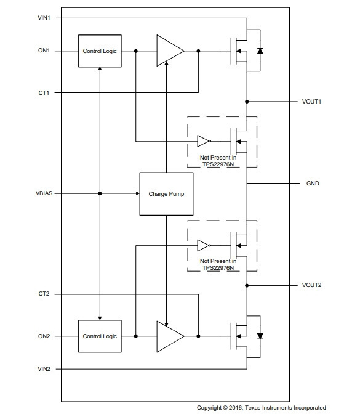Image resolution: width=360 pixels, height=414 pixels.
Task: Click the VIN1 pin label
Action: pyautogui.click(x=44, y=18)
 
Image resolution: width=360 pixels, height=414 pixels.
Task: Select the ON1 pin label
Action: pyautogui.click(x=44, y=51)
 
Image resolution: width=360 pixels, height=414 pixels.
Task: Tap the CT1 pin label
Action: pyautogui.click(x=44, y=93)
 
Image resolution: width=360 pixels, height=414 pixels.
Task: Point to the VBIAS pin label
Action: pyautogui.click(x=44, y=193)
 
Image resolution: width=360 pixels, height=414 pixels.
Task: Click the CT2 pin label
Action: pyautogui.click(x=44, y=294)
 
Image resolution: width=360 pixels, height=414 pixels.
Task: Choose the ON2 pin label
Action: pyautogui.click(x=44, y=336)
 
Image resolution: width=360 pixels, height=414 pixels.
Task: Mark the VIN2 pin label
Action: pyautogui.click(x=44, y=369)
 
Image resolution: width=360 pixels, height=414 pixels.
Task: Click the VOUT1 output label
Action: pyautogui.click(x=311, y=102)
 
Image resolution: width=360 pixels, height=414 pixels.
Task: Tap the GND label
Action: pyautogui.click(x=313, y=184)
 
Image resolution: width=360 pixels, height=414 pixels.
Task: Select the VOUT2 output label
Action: pyautogui.click(x=312, y=285)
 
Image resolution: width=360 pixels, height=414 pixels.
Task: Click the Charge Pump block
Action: pyautogui.click(x=166, y=194)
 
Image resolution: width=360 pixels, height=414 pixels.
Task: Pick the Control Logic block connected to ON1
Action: pyautogui.click(x=100, y=51)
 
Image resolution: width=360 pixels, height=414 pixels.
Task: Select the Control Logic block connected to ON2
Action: pyautogui.click(x=100, y=336)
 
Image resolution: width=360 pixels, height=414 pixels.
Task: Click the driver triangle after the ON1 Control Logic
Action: pyautogui.click(x=170, y=51)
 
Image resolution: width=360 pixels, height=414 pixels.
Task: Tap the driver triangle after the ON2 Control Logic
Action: pyautogui.click(x=170, y=336)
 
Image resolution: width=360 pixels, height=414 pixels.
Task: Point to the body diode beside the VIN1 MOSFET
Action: pyautogui.click(x=260, y=51)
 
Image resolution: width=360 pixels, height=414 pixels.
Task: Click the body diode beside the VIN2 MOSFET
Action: pyautogui.click(x=260, y=336)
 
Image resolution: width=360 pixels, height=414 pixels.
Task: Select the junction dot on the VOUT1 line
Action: pyautogui.click(x=247, y=102)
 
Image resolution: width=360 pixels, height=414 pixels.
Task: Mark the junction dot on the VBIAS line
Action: pyautogui.click(x=100, y=193)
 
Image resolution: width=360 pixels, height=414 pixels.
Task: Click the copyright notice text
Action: pyautogui.click(x=262, y=408)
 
